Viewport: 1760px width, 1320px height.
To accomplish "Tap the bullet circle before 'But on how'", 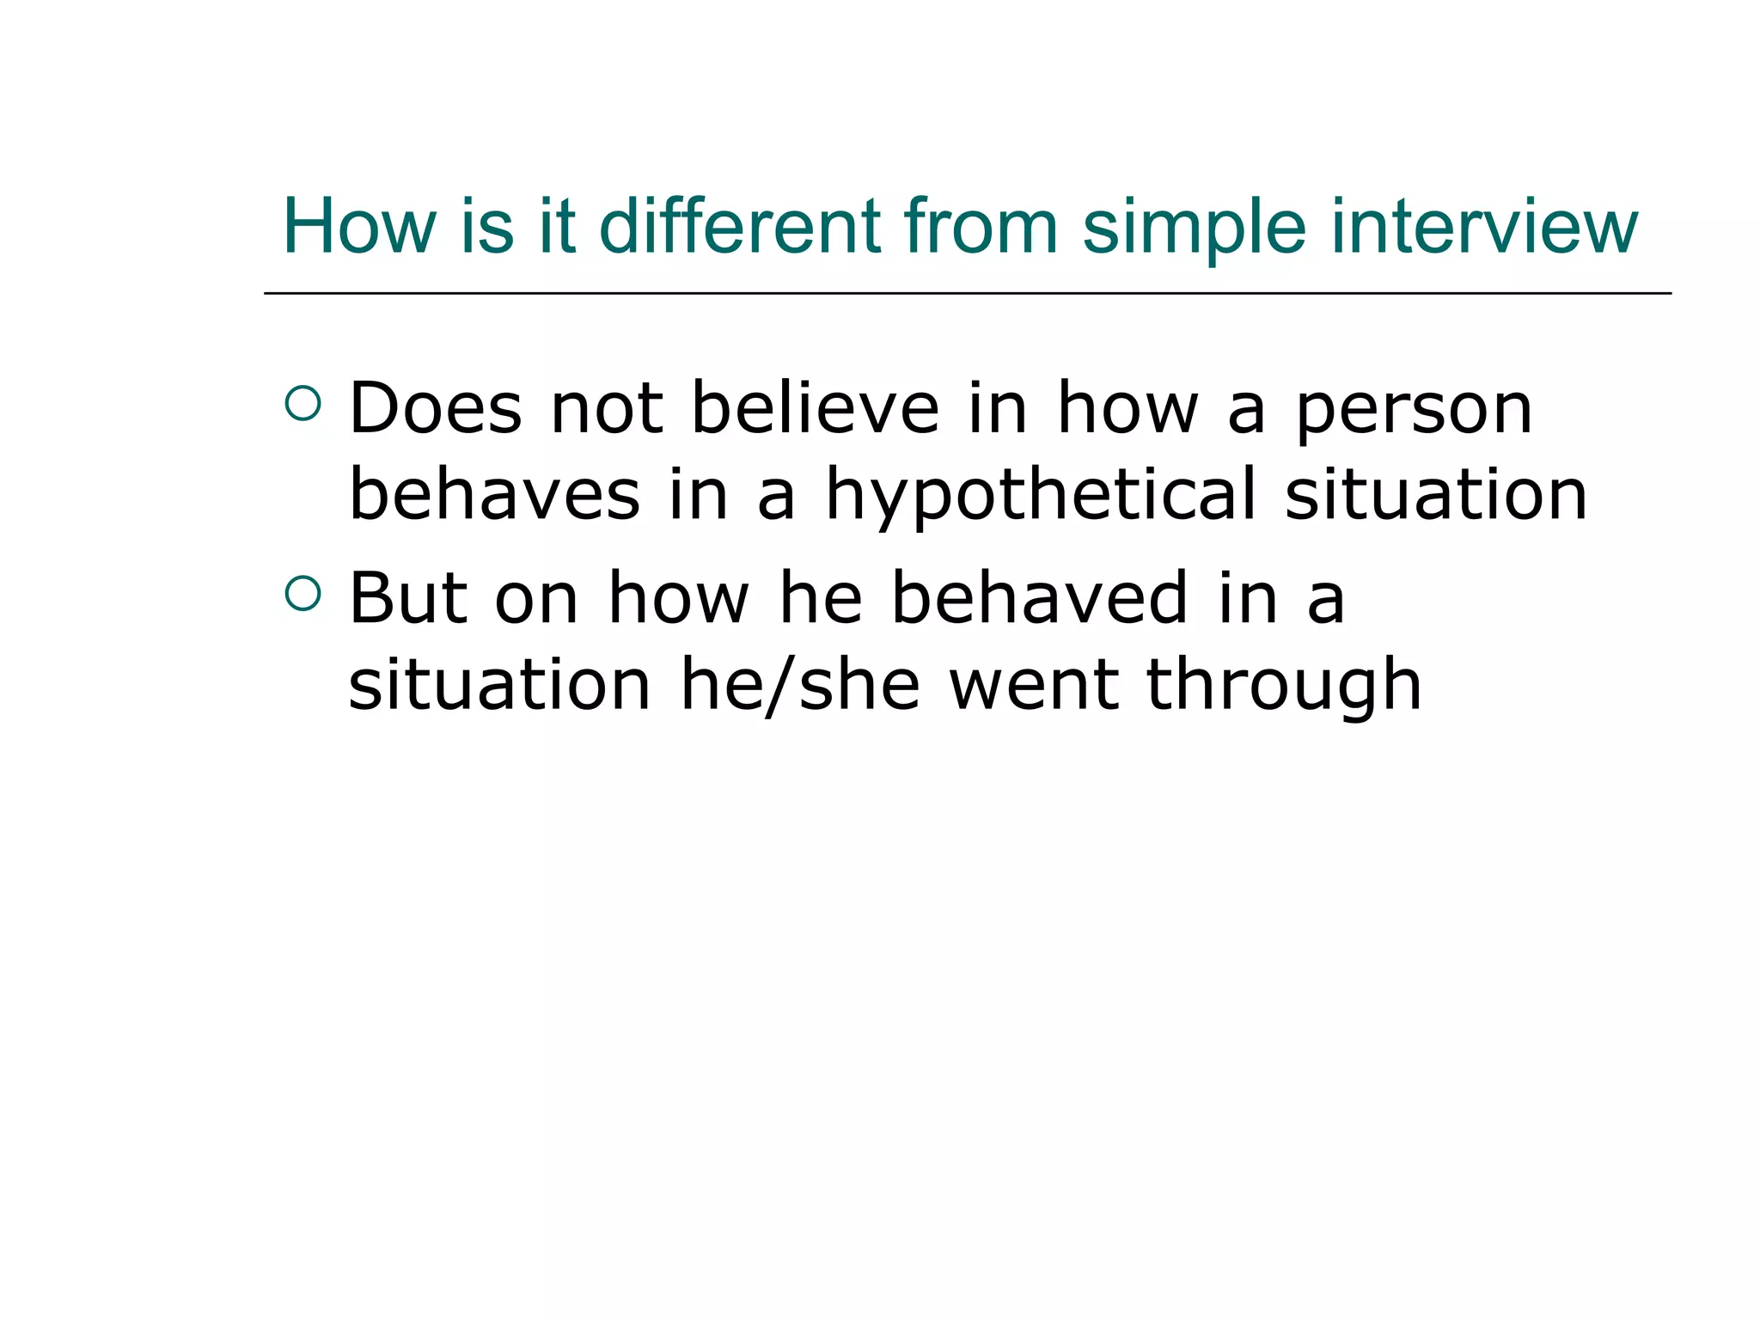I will point(302,593).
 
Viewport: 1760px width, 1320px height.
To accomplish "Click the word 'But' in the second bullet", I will point(408,598).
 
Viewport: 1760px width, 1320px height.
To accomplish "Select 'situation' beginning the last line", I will point(499,685).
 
